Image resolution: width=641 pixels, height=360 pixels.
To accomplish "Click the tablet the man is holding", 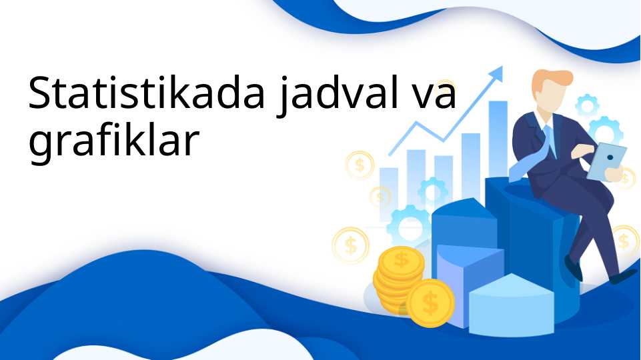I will (608, 161).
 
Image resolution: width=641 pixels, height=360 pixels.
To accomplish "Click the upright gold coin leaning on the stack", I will (430, 303).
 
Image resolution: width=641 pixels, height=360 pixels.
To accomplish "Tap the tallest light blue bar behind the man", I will (498, 133).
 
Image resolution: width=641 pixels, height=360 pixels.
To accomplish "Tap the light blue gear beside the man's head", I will (587, 105).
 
